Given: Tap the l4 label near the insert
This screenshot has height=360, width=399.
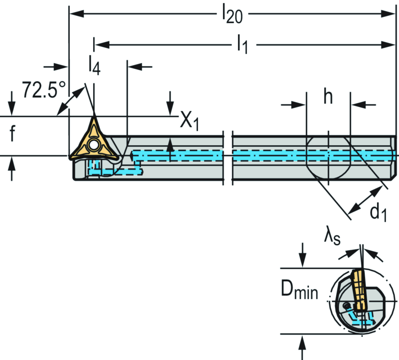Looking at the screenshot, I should tap(94, 66).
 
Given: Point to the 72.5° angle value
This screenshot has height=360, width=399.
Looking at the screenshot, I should tap(43, 90).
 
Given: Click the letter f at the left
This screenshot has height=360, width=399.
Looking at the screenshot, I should tap(12, 134).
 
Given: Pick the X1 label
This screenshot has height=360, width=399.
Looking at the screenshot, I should tap(190, 122).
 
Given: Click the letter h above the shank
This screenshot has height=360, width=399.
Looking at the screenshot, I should tap(328, 98).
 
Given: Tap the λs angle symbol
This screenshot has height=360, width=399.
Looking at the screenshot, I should tap(332, 238).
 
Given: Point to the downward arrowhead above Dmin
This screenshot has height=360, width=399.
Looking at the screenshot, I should tap(303, 262).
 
